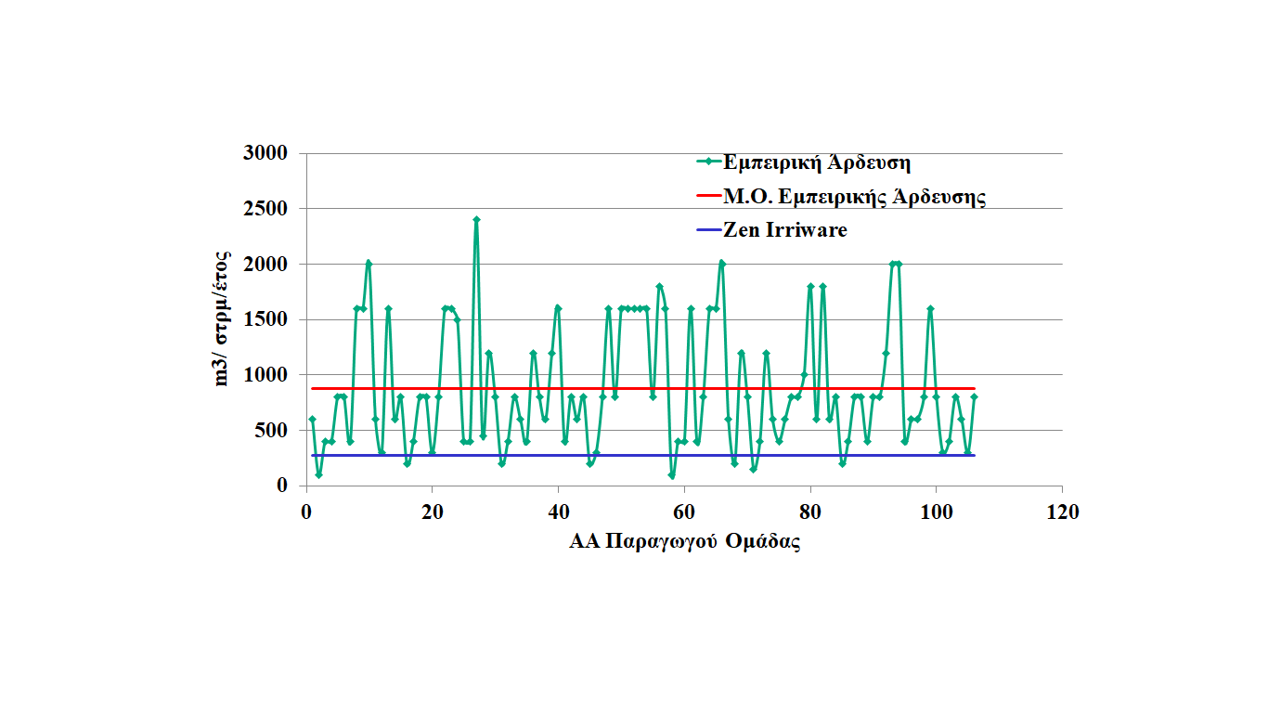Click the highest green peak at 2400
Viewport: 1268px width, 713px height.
pos(476,220)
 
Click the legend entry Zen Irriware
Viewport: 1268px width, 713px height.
pos(784,230)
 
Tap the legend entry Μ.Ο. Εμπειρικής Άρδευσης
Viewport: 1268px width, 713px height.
pos(854,197)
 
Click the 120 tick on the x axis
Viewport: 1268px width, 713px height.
pos(1062,512)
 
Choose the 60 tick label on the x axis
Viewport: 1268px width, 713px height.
pos(684,512)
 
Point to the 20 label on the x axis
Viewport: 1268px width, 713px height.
pos(432,512)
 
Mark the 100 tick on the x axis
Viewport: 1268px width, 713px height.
pos(936,512)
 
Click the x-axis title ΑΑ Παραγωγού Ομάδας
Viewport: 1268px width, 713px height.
pos(684,542)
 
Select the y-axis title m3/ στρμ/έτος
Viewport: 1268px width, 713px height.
pos(223,318)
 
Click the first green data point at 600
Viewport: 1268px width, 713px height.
pos(313,420)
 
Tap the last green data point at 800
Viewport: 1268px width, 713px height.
pos(974,397)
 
